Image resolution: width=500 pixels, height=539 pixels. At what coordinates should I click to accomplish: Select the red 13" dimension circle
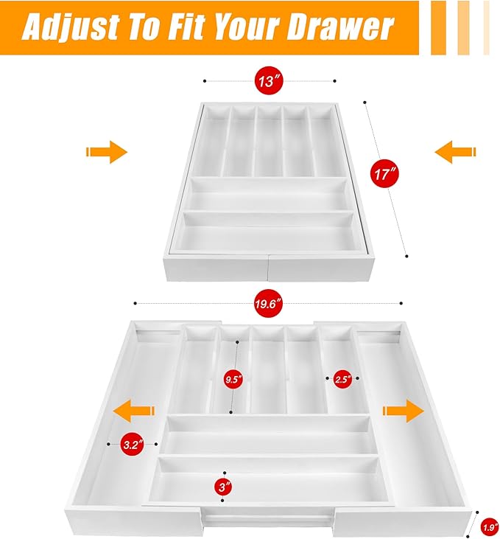coord(269,81)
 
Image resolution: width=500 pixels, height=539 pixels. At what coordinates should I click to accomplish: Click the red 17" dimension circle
coord(384,173)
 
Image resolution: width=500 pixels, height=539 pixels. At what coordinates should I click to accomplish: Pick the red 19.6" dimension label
coord(269,304)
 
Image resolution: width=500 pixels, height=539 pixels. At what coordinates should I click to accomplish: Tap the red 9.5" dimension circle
coord(233,379)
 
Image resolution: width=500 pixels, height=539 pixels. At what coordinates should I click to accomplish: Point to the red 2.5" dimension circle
coord(342,379)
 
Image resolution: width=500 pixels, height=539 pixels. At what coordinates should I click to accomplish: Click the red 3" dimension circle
coord(224,487)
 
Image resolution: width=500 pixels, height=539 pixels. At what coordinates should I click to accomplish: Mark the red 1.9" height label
coord(490,527)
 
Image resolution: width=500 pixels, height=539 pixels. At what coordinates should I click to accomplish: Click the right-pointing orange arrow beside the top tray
coord(107,152)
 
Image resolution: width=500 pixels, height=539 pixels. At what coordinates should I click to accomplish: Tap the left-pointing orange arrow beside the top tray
coord(455,152)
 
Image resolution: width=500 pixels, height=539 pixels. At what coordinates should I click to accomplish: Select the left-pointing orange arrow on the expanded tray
coord(134,411)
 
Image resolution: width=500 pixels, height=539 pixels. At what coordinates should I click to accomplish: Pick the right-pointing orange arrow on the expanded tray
coord(404,411)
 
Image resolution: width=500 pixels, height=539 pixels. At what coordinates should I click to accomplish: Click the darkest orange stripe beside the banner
coord(439,27)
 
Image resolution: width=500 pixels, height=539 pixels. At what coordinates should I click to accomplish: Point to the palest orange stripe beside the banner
coord(486,27)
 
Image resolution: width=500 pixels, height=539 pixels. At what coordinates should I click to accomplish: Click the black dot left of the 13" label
coord(205,81)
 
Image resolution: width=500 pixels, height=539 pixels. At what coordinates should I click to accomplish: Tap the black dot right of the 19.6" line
coord(401,303)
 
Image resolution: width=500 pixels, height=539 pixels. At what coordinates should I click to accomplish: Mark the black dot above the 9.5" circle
coord(237,342)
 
